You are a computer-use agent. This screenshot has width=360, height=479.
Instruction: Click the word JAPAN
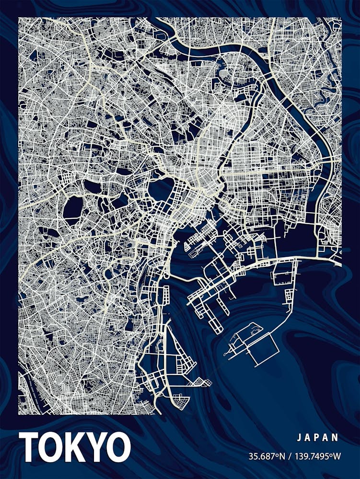click(317, 437)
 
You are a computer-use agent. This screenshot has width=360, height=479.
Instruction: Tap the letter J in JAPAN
click(298, 437)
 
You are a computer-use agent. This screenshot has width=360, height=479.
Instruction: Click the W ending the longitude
click(337, 456)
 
